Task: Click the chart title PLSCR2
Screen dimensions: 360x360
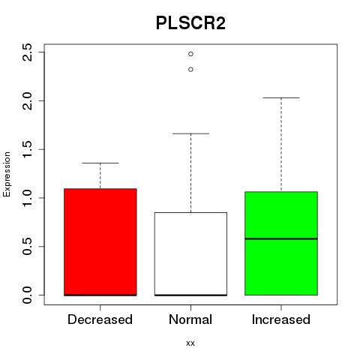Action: point(190,23)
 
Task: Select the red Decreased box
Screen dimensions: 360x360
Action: point(100,242)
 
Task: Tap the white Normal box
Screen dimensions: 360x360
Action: point(190,254)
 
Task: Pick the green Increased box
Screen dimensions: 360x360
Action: point(281,243)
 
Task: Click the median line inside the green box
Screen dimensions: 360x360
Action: point(281,238)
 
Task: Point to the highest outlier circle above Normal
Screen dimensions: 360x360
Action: point(190,54)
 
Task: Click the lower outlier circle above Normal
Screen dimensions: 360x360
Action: point(190,70)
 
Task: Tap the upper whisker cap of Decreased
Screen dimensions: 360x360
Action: point(100,163)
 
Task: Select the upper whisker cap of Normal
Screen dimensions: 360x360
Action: point(190,133)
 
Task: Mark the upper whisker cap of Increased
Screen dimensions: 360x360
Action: point(281,97)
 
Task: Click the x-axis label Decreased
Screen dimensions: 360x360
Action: point(100,319)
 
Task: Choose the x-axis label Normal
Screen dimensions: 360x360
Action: point(190,319)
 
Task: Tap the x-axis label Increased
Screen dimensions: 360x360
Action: point(281,319)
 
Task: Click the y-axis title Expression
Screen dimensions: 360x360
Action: point(7,174)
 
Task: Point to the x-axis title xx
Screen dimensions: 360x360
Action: point(190,343)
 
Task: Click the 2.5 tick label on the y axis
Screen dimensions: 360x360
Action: point(27,52)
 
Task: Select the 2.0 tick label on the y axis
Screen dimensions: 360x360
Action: point(27,100)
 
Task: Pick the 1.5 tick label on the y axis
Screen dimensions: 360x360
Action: point(27,149)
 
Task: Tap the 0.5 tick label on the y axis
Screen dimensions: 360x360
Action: point(27,246)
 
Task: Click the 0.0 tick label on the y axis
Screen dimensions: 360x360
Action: point(27,295)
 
